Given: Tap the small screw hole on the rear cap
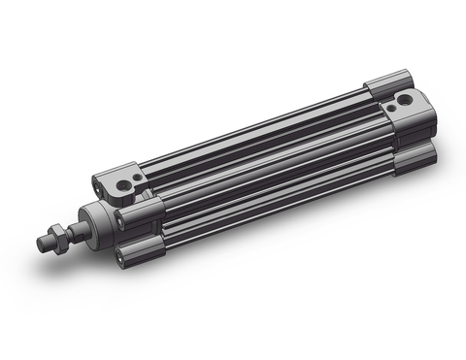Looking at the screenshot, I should click(x=407, y=96).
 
